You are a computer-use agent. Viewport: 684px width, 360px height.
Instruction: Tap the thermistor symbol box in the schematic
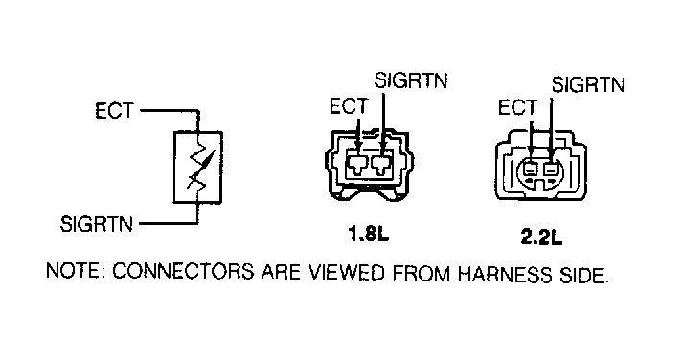point(197,168)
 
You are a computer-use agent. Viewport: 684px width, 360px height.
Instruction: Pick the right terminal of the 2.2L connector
point(553,173)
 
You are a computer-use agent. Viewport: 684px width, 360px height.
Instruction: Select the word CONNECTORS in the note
point(171,273)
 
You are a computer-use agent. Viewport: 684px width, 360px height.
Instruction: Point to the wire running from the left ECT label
point(168,111)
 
